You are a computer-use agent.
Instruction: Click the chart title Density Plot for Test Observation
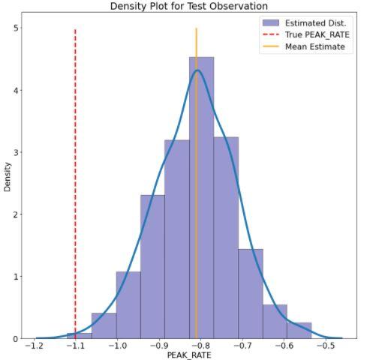point(188,6)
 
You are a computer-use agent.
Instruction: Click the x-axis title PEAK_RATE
point(188,355)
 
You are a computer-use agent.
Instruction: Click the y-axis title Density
point(8,177)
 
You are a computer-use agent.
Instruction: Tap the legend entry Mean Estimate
point(314,46)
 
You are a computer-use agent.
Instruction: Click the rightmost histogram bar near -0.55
point(299,331)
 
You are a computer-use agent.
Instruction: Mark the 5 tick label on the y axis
point(17,28)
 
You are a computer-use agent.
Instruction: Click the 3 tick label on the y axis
point(17,152)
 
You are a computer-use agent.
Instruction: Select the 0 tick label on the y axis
point(17,339)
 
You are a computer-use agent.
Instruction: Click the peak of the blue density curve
point(197,70)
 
